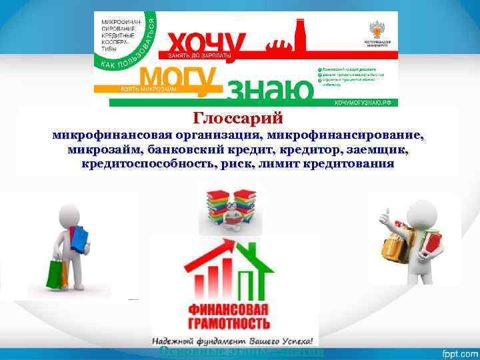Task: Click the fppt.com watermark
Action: point(455,351)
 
